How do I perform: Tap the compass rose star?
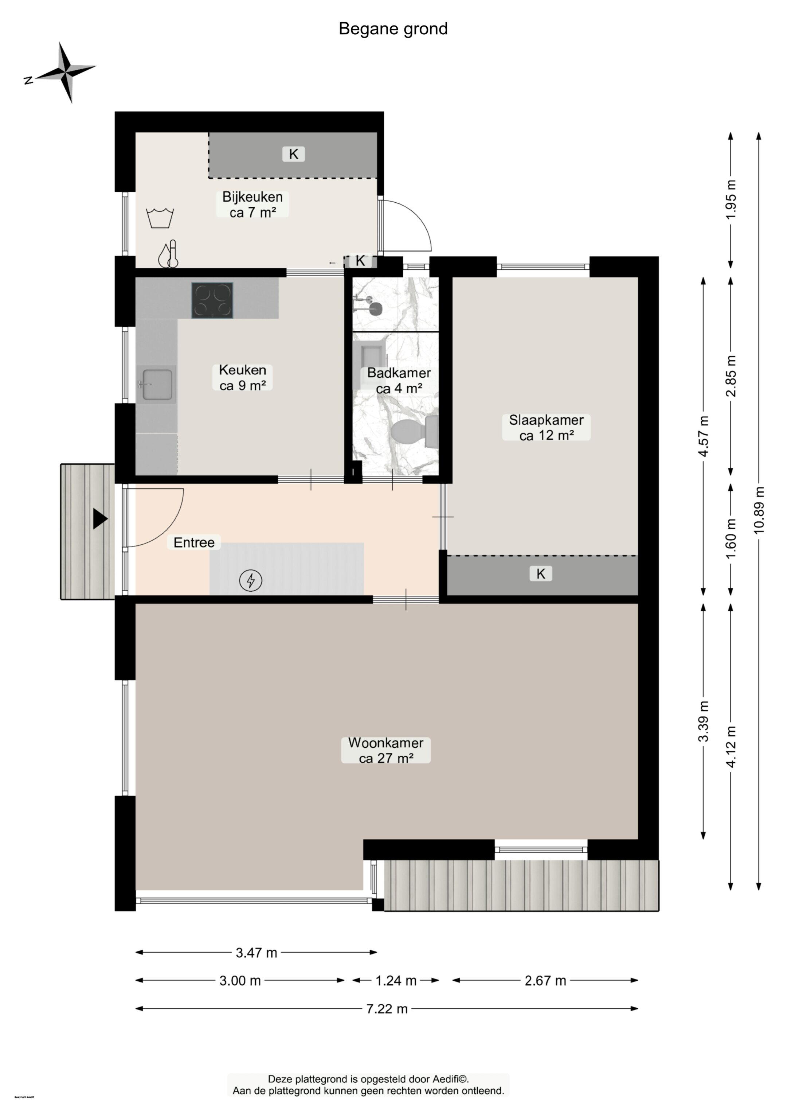click(66, 72)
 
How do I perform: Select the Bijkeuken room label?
click(252, 204)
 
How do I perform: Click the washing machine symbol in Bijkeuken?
click(160, 218)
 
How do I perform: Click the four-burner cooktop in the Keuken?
click(212, 300)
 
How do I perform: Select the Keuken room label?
click(242, 378)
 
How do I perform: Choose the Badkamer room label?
click(399, 381)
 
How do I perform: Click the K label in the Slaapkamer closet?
click(541, 574)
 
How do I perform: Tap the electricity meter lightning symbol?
click(251, 580)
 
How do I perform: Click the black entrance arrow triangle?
click(100, 519)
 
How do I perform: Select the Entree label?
click(194, 542)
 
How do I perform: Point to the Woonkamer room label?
click(386, 750)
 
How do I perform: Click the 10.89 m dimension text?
click(759, 510)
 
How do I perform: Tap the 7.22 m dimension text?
click(387, 1009)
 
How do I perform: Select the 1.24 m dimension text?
click(396, 981)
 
